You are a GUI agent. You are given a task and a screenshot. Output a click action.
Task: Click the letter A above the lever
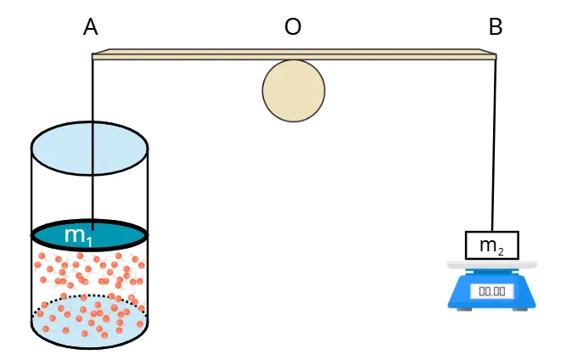[91, 27]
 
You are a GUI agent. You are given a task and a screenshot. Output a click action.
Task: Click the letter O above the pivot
[293, 27]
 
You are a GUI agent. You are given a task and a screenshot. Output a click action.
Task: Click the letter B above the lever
[496, 27]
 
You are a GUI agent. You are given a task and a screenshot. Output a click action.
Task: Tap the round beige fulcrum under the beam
[294, 90]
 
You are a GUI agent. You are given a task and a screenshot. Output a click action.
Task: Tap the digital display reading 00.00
[492, 291]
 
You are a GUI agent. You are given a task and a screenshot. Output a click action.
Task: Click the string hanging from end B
[494, 144]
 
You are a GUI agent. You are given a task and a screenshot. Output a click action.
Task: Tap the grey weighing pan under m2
[492, 264]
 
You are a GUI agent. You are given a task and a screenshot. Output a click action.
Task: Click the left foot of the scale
[463, 308]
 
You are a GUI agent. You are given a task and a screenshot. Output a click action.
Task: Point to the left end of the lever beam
[95, 55]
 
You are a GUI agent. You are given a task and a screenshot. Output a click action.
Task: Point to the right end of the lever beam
[493, 55]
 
